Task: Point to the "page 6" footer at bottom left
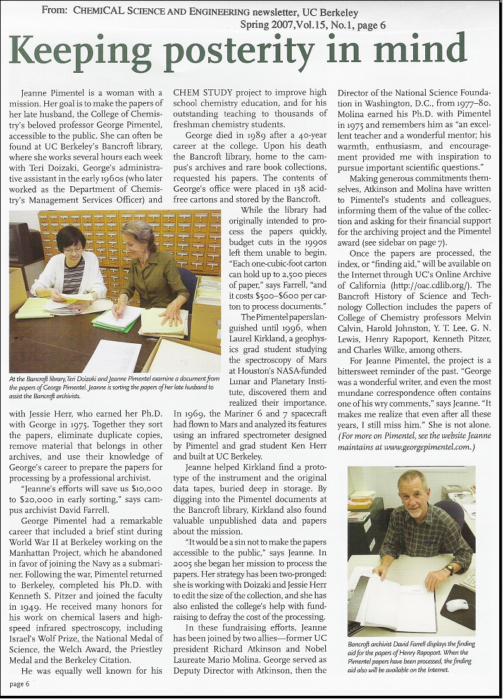[19, 684]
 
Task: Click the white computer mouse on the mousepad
[457, 605]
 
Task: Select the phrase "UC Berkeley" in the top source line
[330, 12]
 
